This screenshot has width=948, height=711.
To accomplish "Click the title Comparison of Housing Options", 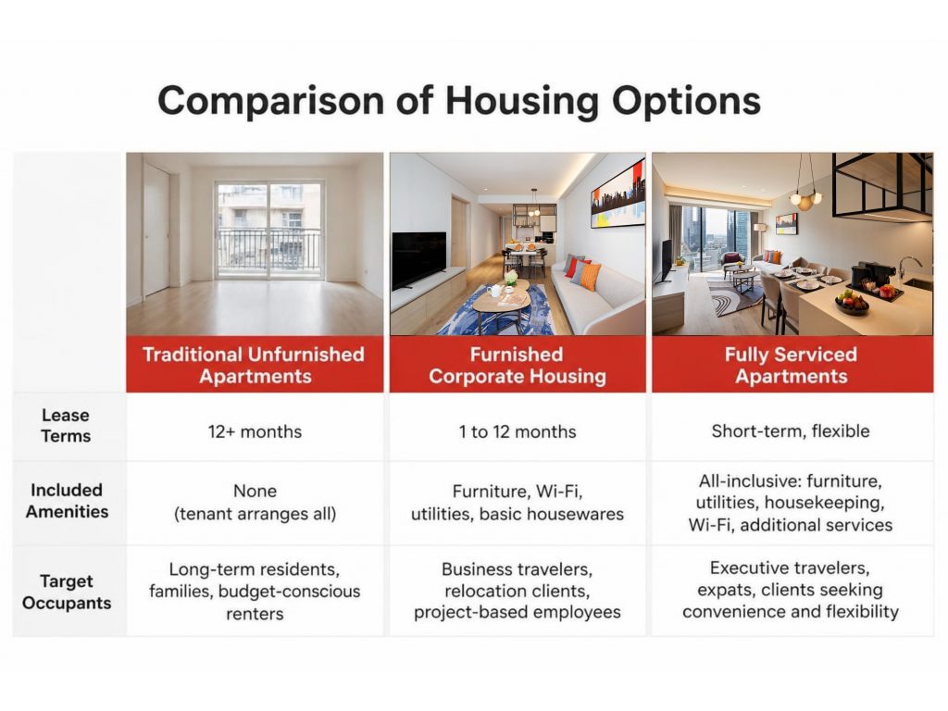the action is click(459, 101).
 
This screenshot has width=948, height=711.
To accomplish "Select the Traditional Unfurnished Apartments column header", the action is click(254, 365).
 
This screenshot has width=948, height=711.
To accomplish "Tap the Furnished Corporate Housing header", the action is click(518, 365).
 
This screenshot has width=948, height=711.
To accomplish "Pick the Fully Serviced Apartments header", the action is click(792, 365).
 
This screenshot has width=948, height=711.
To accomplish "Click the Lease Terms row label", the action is click(66, 426).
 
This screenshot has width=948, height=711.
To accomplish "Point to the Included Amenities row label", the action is click(67, 501).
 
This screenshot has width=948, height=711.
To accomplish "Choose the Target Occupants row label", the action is click(67, 592).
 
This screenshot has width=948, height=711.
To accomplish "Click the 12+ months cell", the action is click(255, 431).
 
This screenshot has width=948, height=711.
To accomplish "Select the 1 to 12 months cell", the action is click(518, 431).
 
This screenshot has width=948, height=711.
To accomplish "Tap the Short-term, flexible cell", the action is click(791, 431).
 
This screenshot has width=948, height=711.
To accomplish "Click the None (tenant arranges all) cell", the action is click(255, 503).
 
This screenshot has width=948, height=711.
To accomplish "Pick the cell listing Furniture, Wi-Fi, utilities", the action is click(518, 503).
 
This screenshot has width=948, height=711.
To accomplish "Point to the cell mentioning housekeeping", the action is click(791, 503).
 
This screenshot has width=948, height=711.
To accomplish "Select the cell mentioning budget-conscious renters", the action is click(255, 592).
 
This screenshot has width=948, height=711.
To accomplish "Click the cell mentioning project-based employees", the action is click(518, 591).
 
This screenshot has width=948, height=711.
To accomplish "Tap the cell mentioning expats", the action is click(791, 590).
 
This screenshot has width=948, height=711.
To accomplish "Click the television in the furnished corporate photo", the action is click(418, 260).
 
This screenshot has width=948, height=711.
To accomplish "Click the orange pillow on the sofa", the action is click(586, 275).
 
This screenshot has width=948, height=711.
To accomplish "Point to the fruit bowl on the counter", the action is click(852, 303).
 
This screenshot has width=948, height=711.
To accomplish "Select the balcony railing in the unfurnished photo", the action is click(269, 249).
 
